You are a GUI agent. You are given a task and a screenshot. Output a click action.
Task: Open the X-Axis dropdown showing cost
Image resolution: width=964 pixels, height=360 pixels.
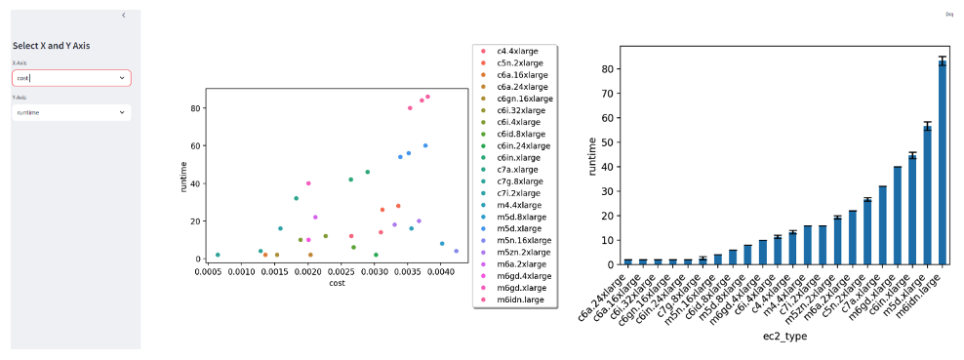point(70,78)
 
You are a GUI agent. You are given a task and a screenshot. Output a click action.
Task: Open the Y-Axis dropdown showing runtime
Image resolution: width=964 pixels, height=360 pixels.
point(70,113)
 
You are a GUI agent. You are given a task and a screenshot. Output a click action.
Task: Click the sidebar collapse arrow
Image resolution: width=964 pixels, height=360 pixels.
point(123,16)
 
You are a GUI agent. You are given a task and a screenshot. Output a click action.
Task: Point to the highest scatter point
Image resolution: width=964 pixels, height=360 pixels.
point(427,97)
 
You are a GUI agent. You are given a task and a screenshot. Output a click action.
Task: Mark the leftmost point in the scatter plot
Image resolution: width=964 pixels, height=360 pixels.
point(218,255)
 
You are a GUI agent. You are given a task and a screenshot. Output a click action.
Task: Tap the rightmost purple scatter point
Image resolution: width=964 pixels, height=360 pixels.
point(456,251)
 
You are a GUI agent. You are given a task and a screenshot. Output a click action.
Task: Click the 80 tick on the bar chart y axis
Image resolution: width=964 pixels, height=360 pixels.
point(607,69)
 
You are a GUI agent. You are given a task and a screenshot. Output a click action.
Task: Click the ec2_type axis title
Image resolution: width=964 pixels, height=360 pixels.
point(783,335)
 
